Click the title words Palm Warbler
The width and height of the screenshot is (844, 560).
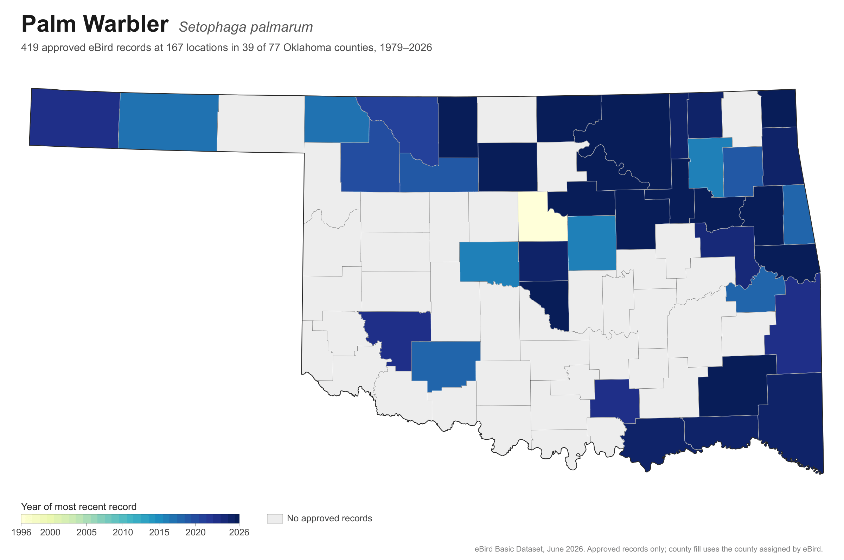pyautogui.click(x=95, y=24)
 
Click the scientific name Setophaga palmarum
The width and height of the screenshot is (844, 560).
pyautogui.click(x=245, y=27)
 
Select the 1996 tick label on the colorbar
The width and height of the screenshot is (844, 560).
pyautogui.click(x=21, y=532)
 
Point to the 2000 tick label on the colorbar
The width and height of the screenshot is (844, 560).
pyautogui.click(x=50, y=532)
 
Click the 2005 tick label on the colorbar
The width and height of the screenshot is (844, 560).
pyautogui.click(x=87, y=532)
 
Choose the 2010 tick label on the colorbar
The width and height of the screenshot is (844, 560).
pyautogui.click(x=123, y=532)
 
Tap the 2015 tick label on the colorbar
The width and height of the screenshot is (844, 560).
pyautogui.click(x=159, y=532)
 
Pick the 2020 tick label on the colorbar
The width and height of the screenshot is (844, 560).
pyautogui.click(x=196, y=532)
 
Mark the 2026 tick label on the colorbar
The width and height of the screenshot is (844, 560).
pyautogui.click(x=239, y=532)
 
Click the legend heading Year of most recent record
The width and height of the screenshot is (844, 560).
pyautogui.click(x=79, y=507)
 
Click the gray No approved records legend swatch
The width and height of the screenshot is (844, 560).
pyautogui.click(x=275, y=518)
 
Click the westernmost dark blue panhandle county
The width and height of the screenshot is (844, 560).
pyautogui.click(x=74, y=118)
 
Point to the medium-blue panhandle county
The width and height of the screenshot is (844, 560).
pyautogui.click(x=168, y=122)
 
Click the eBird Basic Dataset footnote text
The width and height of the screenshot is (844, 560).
pyautogui.click(x=649, y=549)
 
